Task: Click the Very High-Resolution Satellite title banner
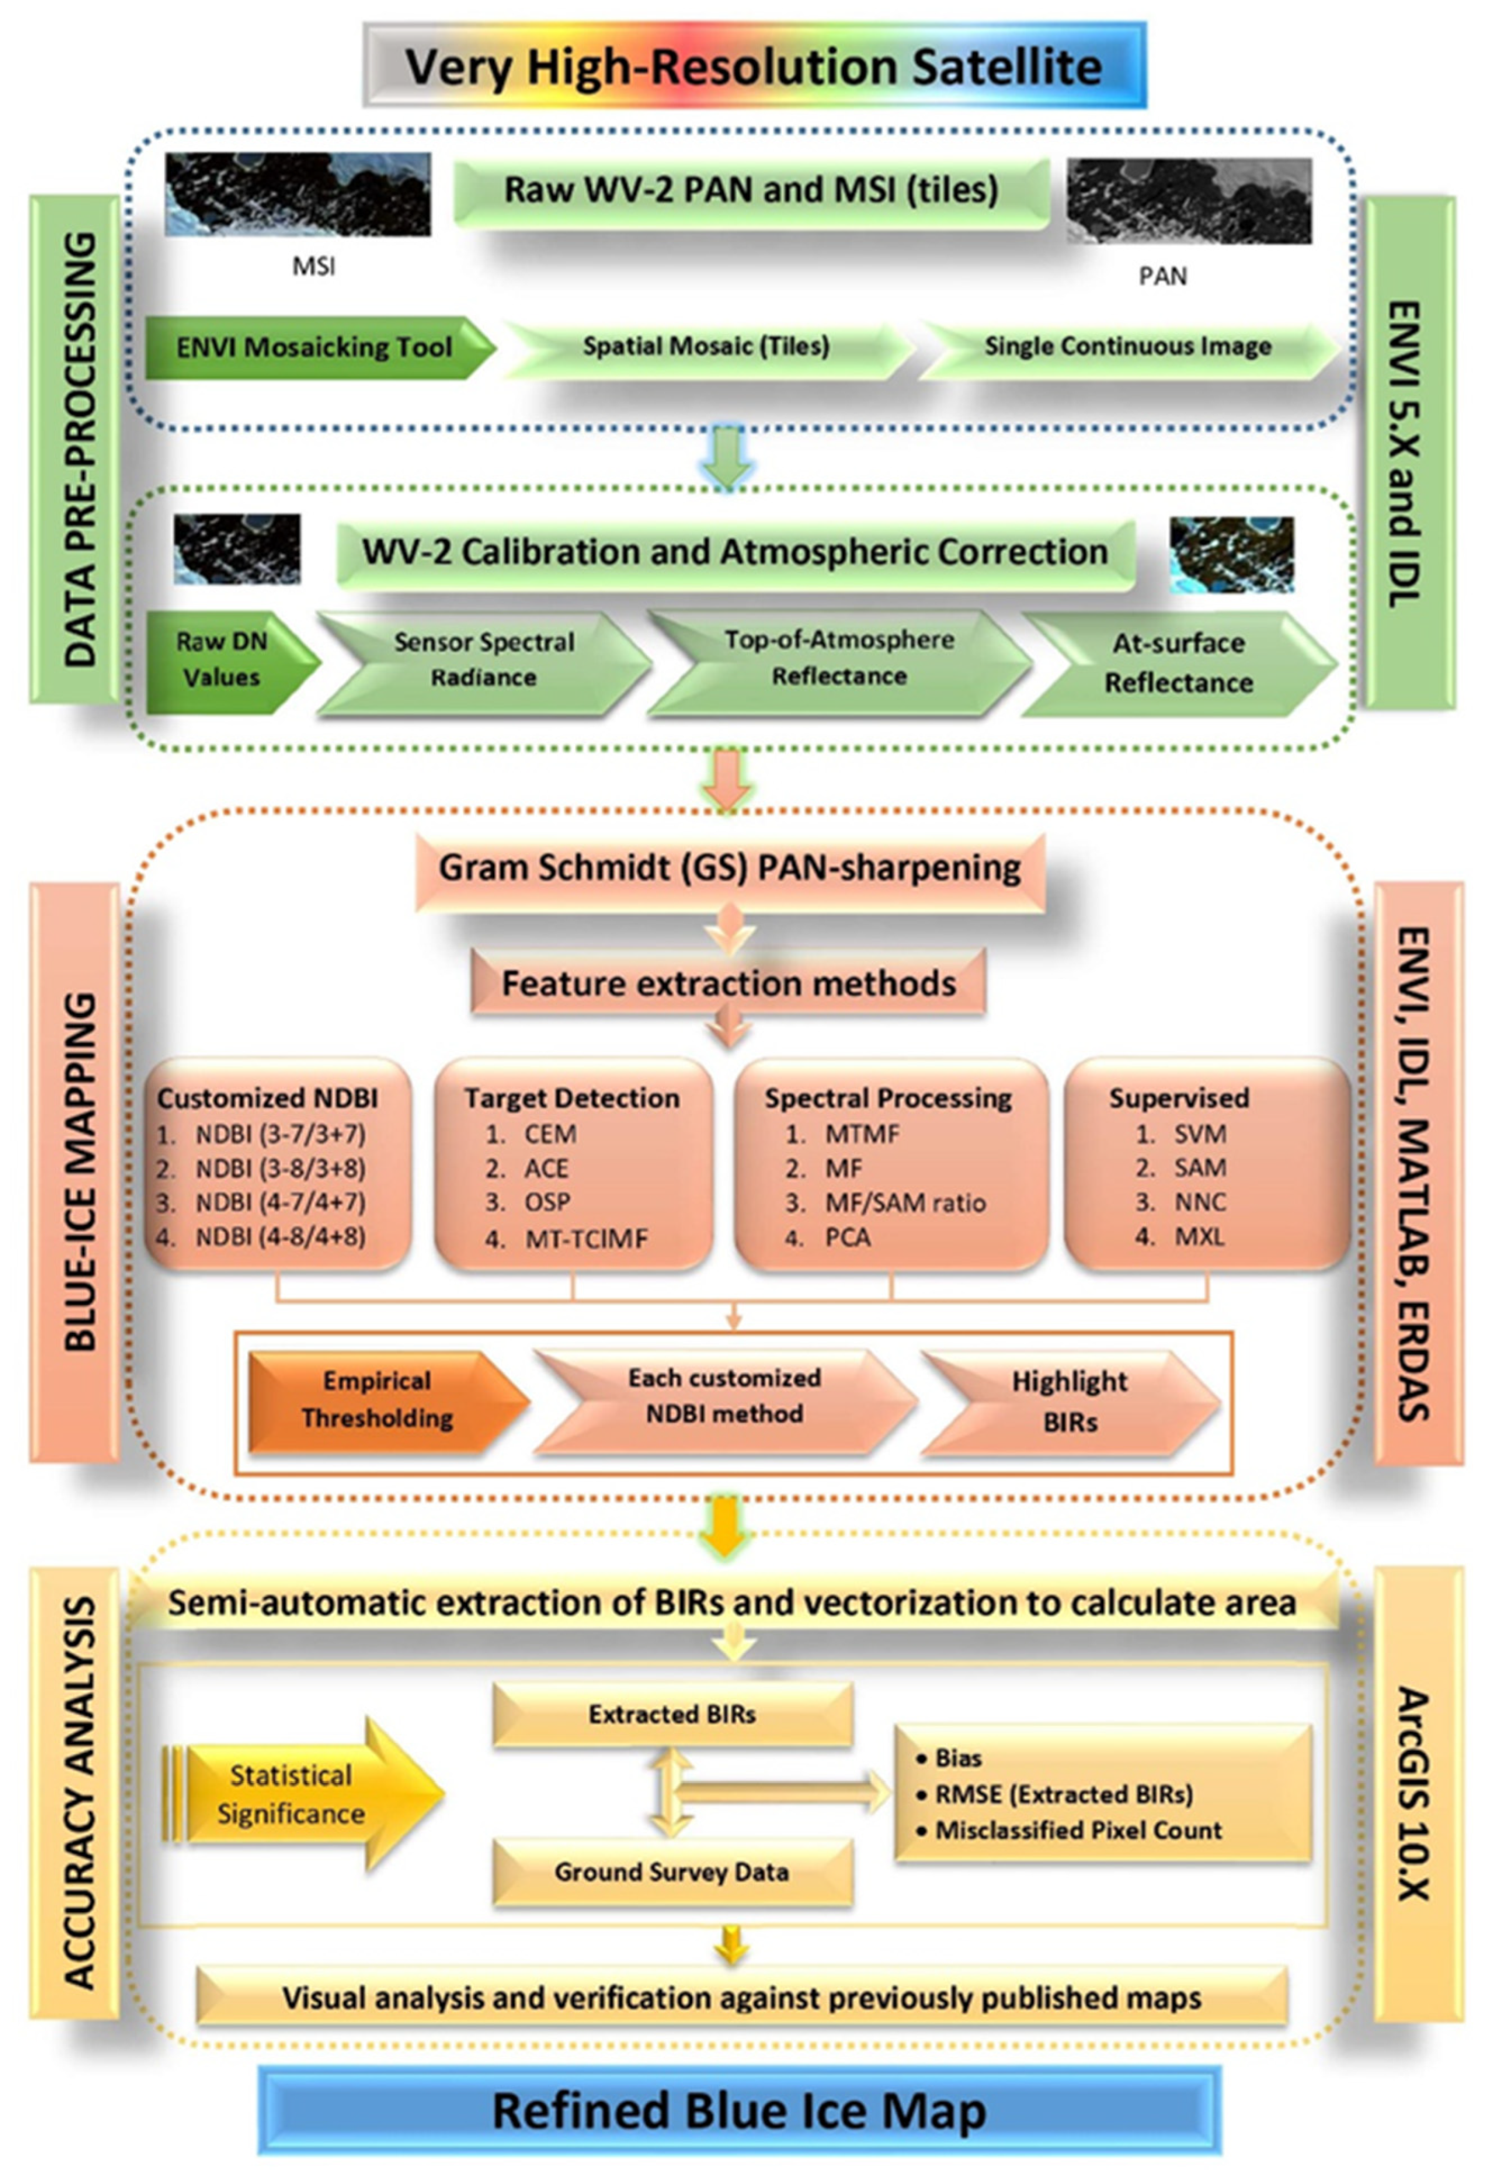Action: pyautogui.click(x=754, y=66)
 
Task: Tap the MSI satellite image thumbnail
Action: pyautogui.click(x=298, y=194)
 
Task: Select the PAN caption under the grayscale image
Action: pyautogui.click(x=1162, y=276)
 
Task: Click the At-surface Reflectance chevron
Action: pyautogui.click(x=1178, y=663)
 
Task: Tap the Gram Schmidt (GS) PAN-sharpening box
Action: pyautogui.click(x=729, y=868)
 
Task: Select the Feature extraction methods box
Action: pyautogui.click(x=728, y=983)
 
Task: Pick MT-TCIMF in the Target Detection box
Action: pyautogui.click(x=585, y=1239)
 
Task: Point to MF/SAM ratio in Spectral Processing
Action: pyautogui.click(x=905, y=1203)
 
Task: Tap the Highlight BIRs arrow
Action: pyautogui.click(x=1069, y=1402)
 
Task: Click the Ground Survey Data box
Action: pyautogui.click(x=671, y=1871)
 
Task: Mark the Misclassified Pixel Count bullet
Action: pyautogui.click(x=1078, y=1830)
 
